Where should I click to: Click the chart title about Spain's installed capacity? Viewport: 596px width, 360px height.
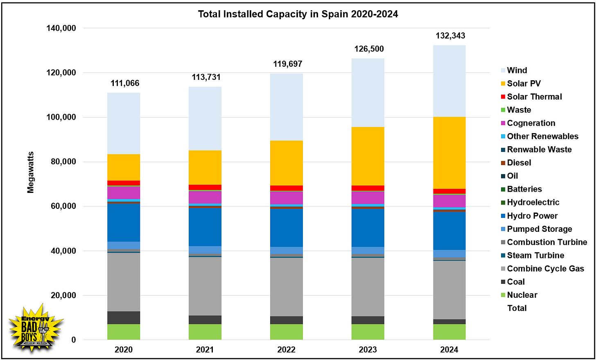tap(298, 14)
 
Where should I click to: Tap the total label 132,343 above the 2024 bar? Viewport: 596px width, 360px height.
tap(450, 36)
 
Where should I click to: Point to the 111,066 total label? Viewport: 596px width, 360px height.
tap(125, 83)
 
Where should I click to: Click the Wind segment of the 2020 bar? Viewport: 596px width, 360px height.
tap(124, 123)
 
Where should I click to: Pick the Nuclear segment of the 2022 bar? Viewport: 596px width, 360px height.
tap(286, 332)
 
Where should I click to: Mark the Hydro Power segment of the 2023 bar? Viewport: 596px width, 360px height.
tap(368, 227)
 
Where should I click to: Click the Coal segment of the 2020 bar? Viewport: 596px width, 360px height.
tap(124, 317)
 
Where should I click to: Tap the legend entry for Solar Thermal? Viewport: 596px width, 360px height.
tap(534, 97)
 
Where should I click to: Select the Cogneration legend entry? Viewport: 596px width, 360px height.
tap(531, 123)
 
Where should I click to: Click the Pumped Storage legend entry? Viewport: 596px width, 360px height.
tap(539, 229)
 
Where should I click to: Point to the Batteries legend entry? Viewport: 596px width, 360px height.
tap(524, 189)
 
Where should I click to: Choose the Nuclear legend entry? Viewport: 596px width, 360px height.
tap(522, 295)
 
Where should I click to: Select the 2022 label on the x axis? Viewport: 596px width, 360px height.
tap(286, 350)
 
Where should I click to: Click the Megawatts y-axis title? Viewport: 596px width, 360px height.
tap(31, 172)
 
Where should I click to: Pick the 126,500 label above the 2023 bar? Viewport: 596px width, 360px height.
tap(369, 49)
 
